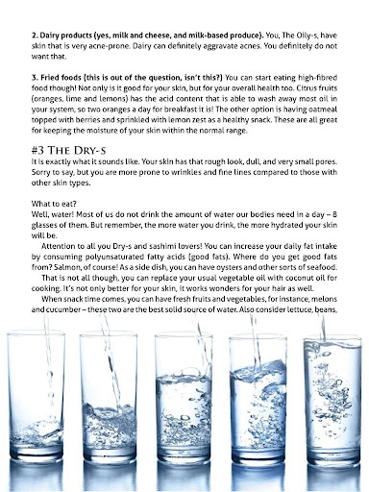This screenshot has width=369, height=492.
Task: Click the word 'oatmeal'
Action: (x=323, y=109)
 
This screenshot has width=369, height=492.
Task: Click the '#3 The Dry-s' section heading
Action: (x=68, y=150)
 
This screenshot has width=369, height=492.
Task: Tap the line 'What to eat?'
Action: (x=54, y=204)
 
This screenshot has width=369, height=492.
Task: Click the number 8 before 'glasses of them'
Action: (x=334, y=214)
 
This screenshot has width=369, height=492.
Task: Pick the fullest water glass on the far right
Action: (x=332, y=401)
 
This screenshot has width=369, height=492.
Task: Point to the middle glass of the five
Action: (x=184, y=398)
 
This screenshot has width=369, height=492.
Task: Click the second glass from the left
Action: (x=109, y=397)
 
